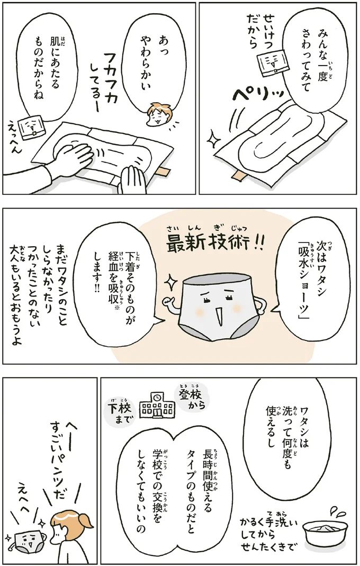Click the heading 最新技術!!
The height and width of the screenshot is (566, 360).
tap(214, 243)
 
